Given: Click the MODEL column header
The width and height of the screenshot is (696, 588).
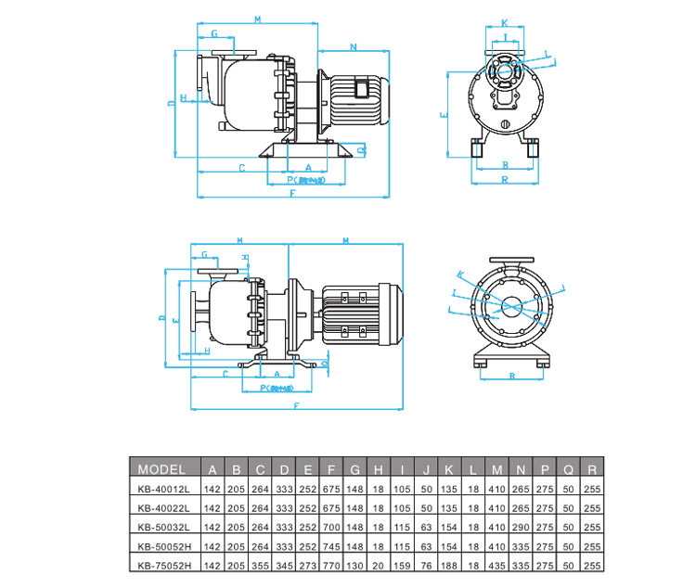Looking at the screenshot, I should click(x=162, y=468).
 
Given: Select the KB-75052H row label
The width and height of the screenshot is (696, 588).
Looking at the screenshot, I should click(x=162, y=565).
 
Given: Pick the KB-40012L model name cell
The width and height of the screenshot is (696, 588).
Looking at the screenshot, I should click(x=162, y=489).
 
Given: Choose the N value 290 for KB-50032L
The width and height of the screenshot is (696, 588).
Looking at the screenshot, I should click(x=520, y=527).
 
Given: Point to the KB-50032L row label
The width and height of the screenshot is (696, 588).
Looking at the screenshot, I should click(x=162, y=527).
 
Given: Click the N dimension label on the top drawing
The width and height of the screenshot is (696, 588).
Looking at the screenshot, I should click(x=354, y=45).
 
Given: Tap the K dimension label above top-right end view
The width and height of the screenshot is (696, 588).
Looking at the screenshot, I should click(x=504, y=22).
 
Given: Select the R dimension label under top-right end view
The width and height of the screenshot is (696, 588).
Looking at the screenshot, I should click(x=505, y=178).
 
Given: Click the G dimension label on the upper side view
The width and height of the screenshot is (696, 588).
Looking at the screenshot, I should click(x=214, y=33).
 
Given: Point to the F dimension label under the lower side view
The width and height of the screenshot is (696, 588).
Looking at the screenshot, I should click(x=296, y=405).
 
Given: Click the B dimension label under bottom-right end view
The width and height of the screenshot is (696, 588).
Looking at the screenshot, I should click(x=512, y=377).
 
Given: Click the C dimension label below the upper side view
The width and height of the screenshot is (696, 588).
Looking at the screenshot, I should click(x=241, y=168).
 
